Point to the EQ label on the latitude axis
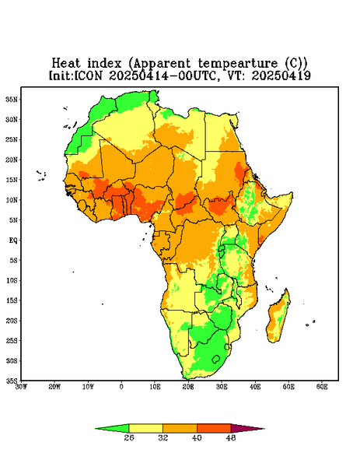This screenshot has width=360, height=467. (x=12, y=240)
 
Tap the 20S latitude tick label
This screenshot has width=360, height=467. (x=12, y=321)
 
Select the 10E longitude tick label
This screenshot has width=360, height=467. (x=155, y=387)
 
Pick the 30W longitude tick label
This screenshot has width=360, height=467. (x=21, y=387)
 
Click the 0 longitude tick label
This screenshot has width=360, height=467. (x=121, y=387)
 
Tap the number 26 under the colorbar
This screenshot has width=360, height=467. (x=129, y=437)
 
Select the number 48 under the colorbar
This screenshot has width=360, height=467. (x=231, y=437)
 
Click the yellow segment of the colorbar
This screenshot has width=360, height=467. (x=145, y=428)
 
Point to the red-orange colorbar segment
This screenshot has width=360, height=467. (x=214, y=428)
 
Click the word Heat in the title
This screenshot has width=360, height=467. (x=66, y=63)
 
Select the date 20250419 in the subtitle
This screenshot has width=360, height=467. (x=281, y=75)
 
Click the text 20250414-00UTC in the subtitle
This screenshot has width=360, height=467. (x=162, y=75)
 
